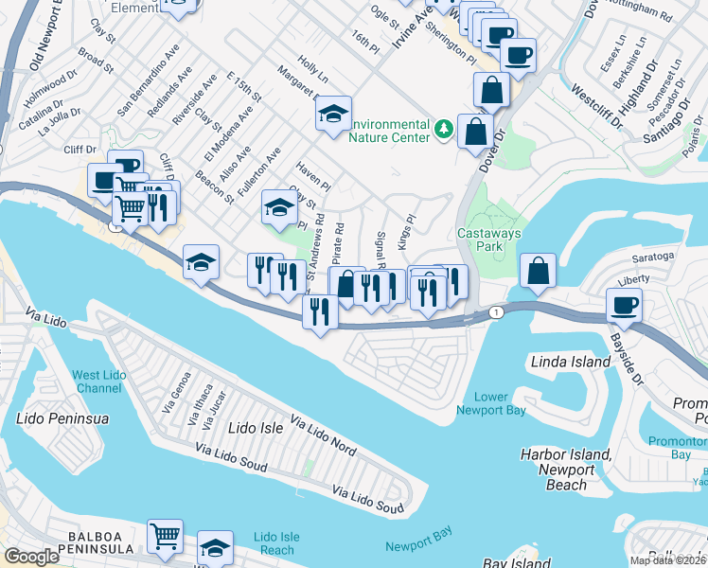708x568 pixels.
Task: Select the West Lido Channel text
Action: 99,382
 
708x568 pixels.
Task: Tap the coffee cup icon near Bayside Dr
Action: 625,305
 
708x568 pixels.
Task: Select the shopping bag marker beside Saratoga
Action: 538,270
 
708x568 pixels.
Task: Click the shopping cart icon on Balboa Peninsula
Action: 166,535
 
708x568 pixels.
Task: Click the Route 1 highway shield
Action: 494,311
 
